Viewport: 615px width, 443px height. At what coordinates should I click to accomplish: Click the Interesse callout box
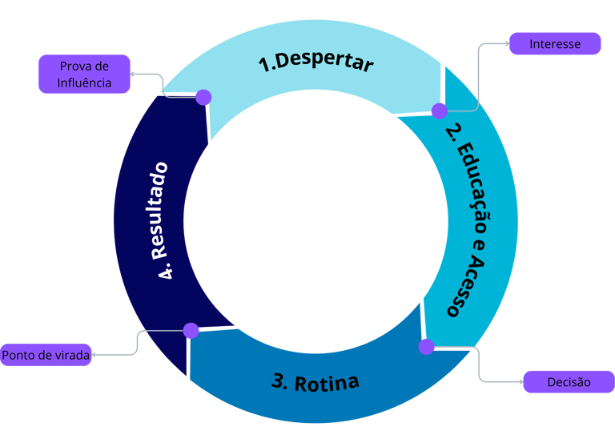[x=555, y=44]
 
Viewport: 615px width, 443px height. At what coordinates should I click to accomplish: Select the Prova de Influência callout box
[x=84, y=75]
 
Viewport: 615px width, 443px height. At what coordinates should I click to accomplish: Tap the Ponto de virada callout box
[x=46, y=354]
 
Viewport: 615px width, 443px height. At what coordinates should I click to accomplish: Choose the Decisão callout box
[x=569, y=382]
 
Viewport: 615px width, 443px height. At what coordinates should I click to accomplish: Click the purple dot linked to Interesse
[x=440, y=111]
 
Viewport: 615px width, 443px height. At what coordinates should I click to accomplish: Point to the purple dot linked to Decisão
[x=426, y=347]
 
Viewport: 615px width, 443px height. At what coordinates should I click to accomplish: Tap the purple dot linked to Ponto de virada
[x=191, y=330]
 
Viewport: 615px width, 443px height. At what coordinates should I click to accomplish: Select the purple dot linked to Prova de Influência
[x=203, y=97]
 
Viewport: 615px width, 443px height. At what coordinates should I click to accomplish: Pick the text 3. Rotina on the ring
[x=315, y=381]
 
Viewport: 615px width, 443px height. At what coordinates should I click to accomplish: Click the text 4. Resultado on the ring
[x=165, y=220]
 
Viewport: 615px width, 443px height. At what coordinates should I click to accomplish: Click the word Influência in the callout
[x=84, y=83]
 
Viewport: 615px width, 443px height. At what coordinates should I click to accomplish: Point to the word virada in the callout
[x=70, y=354]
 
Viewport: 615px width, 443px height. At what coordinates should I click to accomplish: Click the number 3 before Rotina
[x=278, y=381]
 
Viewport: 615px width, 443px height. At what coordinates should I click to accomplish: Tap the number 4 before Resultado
[x=167, y=273]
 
